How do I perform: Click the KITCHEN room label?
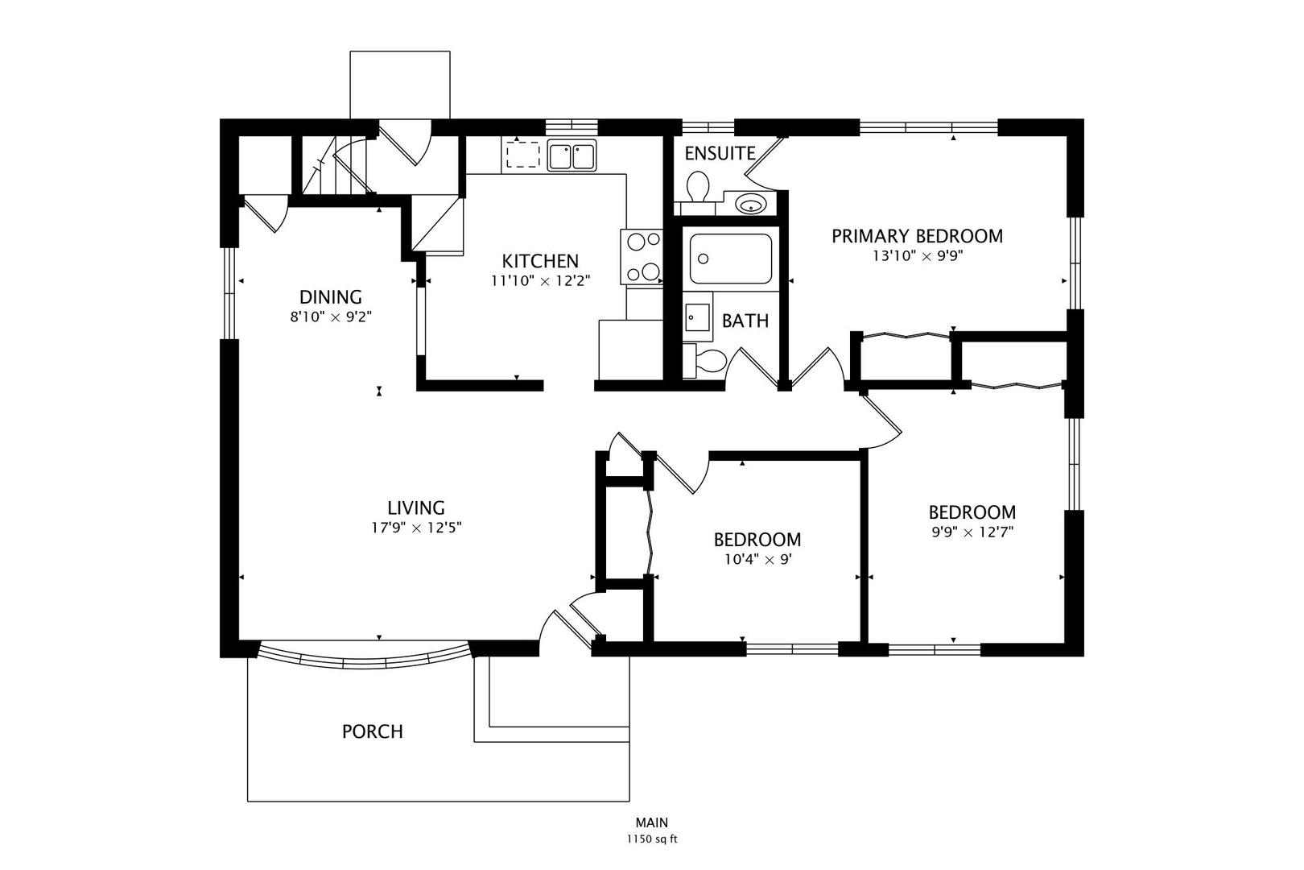540,260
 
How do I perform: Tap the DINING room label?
331,297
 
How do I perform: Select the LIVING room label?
416,508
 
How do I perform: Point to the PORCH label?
373,731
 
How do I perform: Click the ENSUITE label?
720,153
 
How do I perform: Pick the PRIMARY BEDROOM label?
917,236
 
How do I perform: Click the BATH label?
745,321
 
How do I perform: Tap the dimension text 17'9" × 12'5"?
417,528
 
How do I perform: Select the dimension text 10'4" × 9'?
758,559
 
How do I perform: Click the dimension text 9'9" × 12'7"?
972,532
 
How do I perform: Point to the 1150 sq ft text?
652,839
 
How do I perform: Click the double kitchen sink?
572,155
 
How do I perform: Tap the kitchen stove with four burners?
642,256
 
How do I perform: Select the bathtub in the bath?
731,259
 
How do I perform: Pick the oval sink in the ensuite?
751,204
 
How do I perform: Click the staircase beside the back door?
334,166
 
